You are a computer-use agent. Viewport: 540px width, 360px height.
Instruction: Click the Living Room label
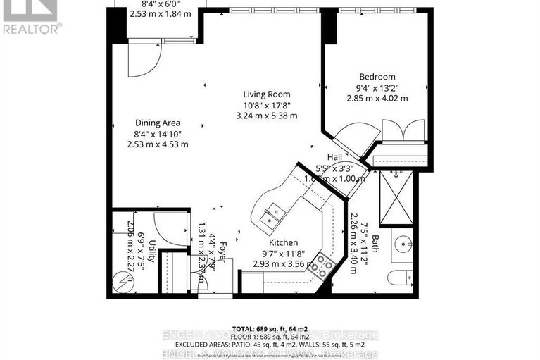[266, 94]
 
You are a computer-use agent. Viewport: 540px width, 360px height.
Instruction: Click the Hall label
[335, 158]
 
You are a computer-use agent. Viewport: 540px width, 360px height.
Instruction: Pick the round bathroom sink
[403, 244]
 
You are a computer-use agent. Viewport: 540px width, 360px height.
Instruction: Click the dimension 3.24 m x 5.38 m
[266, 116]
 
